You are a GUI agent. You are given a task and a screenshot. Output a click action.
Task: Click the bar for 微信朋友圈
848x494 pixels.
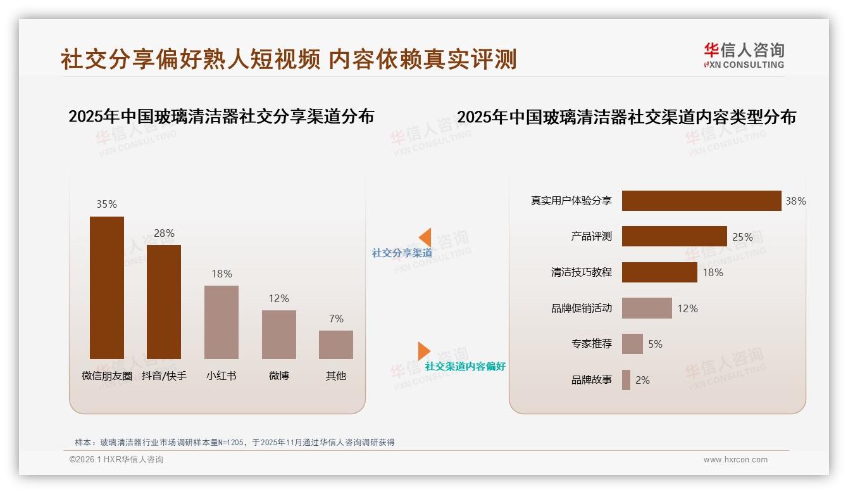(x=107, y=288)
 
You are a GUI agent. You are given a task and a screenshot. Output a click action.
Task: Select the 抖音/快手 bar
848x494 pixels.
(x=164, y=302)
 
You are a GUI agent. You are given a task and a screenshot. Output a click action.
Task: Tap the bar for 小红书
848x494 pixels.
(x=221, y=322)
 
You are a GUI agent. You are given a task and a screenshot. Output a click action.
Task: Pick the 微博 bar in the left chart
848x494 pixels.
(x=279, y=334)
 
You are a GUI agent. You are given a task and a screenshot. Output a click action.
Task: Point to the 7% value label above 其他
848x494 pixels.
(x=336, y=319)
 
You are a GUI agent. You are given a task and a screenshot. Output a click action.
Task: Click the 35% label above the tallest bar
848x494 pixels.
(x=107, y=204)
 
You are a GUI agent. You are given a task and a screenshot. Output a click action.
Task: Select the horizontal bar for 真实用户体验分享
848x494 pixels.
(x=701, y=201)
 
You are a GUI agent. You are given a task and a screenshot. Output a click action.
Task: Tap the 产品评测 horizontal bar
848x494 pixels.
(x=674, y=236)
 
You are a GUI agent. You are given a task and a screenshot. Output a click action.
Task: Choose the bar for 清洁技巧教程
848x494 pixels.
(x=659, y=272)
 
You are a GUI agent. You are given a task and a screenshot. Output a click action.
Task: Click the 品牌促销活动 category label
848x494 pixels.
(x=582, y=308)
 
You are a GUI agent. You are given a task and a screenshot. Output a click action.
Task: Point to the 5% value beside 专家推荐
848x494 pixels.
(x=655, y=344)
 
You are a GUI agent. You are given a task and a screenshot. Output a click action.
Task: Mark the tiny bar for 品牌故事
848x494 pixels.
(x=626, y=380)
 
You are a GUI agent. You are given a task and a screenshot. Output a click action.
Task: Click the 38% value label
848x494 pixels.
(x=795, y=201)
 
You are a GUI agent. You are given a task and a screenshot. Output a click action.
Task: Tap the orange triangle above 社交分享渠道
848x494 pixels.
(x=425, y=237)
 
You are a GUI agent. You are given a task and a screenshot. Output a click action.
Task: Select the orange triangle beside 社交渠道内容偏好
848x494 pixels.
(x=424, y=351)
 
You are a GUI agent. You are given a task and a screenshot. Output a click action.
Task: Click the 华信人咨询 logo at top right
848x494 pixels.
(x=744, y=56)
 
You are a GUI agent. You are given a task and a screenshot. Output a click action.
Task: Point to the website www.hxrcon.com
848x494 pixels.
(x=735, y=460)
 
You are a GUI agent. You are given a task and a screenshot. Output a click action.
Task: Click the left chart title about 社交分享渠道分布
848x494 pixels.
(x=221, y=117)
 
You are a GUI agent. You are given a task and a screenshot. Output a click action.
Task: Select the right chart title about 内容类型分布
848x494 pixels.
(x=627, y=117)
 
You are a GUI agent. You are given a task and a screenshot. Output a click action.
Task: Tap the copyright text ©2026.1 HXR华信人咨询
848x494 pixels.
(x=116, y=460)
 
